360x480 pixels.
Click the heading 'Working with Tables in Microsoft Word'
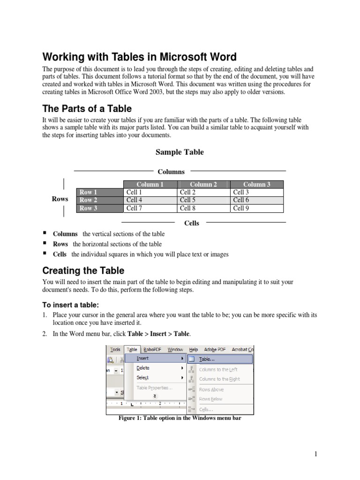click(x=139, y=57)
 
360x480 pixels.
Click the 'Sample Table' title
click(x=180, y=152)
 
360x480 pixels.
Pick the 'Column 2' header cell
click(x=203, y=184)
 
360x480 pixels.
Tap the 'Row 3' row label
click(x=89, y=208)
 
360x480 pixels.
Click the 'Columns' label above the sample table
click(x=171, y=172)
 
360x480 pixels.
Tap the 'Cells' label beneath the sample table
click(x=191, y=223)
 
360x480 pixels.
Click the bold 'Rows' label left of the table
click(x=60, y=199)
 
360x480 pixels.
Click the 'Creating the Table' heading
click(x=83, y=270)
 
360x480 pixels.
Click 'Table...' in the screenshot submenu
click(x=207, y=359)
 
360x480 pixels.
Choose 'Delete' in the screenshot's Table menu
click(x=143, y=368)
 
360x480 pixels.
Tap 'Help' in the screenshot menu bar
click(x=194, y=349)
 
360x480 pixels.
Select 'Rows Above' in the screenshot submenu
click(x=211, y=390)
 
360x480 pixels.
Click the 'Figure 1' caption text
click(x=180, y=418)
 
